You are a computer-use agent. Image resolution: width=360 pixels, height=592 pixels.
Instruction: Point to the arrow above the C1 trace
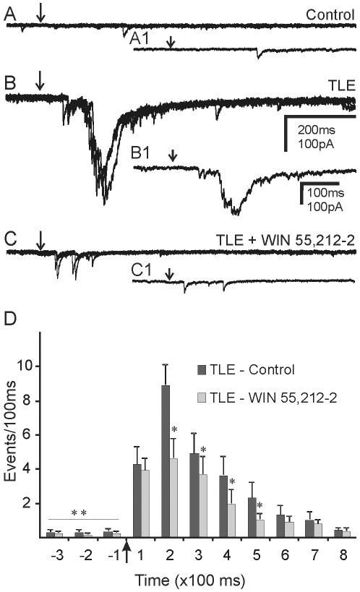(x=170, y=273)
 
